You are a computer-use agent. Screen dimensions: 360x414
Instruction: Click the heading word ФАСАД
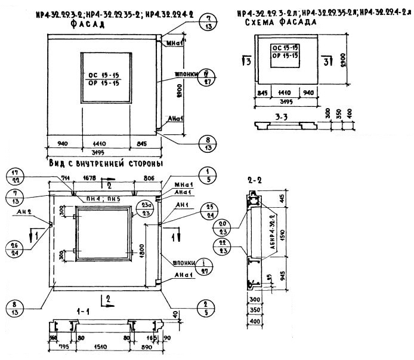click(87, 26)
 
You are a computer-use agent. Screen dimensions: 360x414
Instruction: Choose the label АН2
click(24, 211)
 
